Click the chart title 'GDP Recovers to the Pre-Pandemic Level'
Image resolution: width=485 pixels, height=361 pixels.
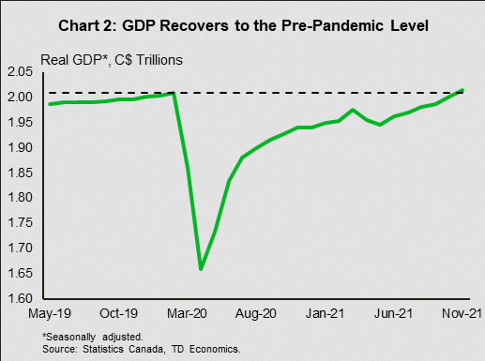(x=275, y=25)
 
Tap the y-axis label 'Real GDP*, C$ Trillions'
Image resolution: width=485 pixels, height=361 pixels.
(x=112, y=60)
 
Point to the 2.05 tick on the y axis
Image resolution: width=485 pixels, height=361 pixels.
(x=20, y=72)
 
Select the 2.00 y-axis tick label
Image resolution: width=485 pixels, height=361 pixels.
(x=20, y=97)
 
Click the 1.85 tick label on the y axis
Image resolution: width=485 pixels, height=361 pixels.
(x=20, y=173)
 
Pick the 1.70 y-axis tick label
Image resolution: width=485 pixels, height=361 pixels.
(x=20, y=248)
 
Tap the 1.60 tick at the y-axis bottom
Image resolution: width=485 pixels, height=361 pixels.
(x=20, y=298)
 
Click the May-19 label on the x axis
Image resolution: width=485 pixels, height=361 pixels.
(x=50, y=313)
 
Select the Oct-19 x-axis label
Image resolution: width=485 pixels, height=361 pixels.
(x=118, y=313)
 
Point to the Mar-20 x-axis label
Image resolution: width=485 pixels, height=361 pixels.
(x=187, y=313)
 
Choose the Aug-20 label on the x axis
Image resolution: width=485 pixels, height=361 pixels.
(x=256, y=314)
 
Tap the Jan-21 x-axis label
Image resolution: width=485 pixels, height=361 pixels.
(x=325, y=313)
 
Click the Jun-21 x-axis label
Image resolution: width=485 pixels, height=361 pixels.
(x=393, y=313)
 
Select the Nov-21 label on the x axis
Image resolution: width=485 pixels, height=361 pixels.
(x=462, y=313)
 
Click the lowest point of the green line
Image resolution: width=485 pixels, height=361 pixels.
(x=201, y=268)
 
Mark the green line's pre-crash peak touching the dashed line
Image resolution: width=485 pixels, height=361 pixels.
(x=173, y=93)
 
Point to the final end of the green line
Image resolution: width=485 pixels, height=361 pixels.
(x=462, y=90)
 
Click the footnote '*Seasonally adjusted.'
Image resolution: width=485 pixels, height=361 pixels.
(x=93, y=337)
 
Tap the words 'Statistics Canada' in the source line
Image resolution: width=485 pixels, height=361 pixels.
(x=123, y=349)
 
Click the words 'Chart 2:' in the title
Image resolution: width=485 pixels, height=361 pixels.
(x=87, y=25)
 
